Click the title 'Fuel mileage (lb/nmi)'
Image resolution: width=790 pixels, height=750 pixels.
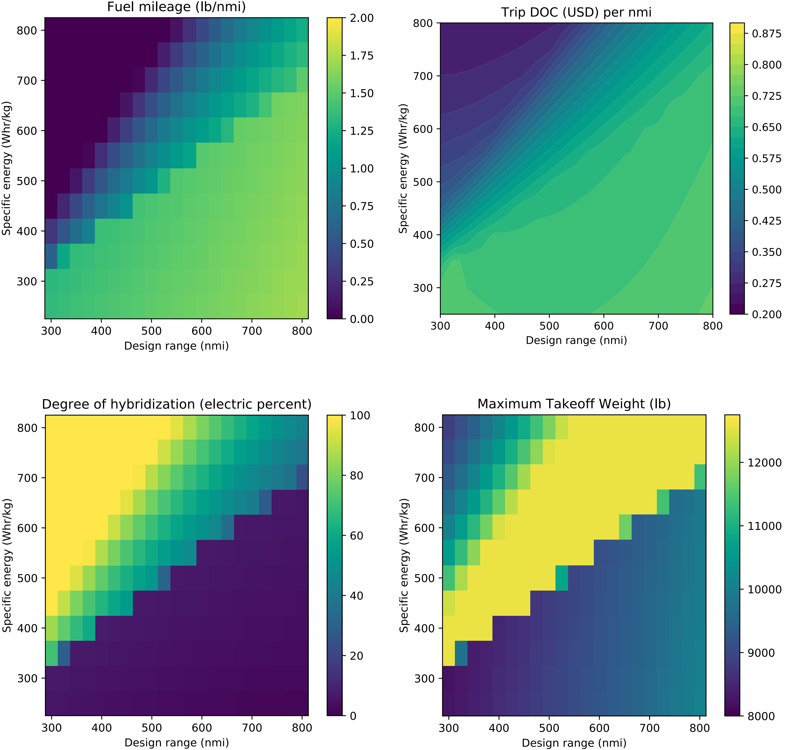pyautogui.click(x=176, y=7)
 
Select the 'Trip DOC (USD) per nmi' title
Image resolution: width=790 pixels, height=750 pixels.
pyautogui.click(x=576, y=12)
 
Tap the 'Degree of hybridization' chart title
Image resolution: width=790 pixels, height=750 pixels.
pyautogui.click(x=176, y=404)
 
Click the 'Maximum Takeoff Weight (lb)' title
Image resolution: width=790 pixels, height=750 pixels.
pyautogui.click(x=574, y=404)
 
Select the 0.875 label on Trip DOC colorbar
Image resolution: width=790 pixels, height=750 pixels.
pyautogui.click(x=766, y=34)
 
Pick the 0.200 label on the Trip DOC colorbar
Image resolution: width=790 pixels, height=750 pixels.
pyautogui.click(x=766, y=315)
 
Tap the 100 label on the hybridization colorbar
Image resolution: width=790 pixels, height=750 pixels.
pyautogui.click(x=360, y=415)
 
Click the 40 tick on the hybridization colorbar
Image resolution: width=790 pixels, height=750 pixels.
pyautogui.click(x=356, y=596)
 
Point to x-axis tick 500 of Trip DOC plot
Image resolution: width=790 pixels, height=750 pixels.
pyautogui.click(x=549, y=326)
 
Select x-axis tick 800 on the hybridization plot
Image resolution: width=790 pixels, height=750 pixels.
pyautogui.click(x=302, y=728)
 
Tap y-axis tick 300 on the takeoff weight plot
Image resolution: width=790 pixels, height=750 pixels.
pyautogui.click(x=424, y=678)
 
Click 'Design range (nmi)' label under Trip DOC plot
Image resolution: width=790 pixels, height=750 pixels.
pyautogui.click(x=576, y=340)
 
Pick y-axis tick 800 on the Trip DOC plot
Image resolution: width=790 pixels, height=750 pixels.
pyautogui.click(x=423, y=23)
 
